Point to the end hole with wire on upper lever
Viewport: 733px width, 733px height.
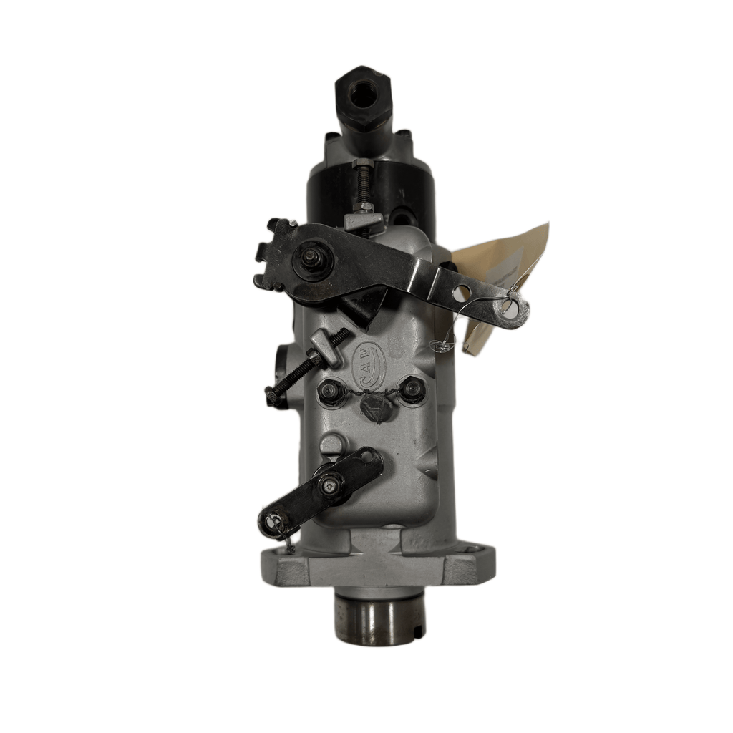coord(511,308)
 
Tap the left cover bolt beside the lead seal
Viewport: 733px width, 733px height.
coord(330,392)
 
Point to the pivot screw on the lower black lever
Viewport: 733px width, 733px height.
coord(329,487)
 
